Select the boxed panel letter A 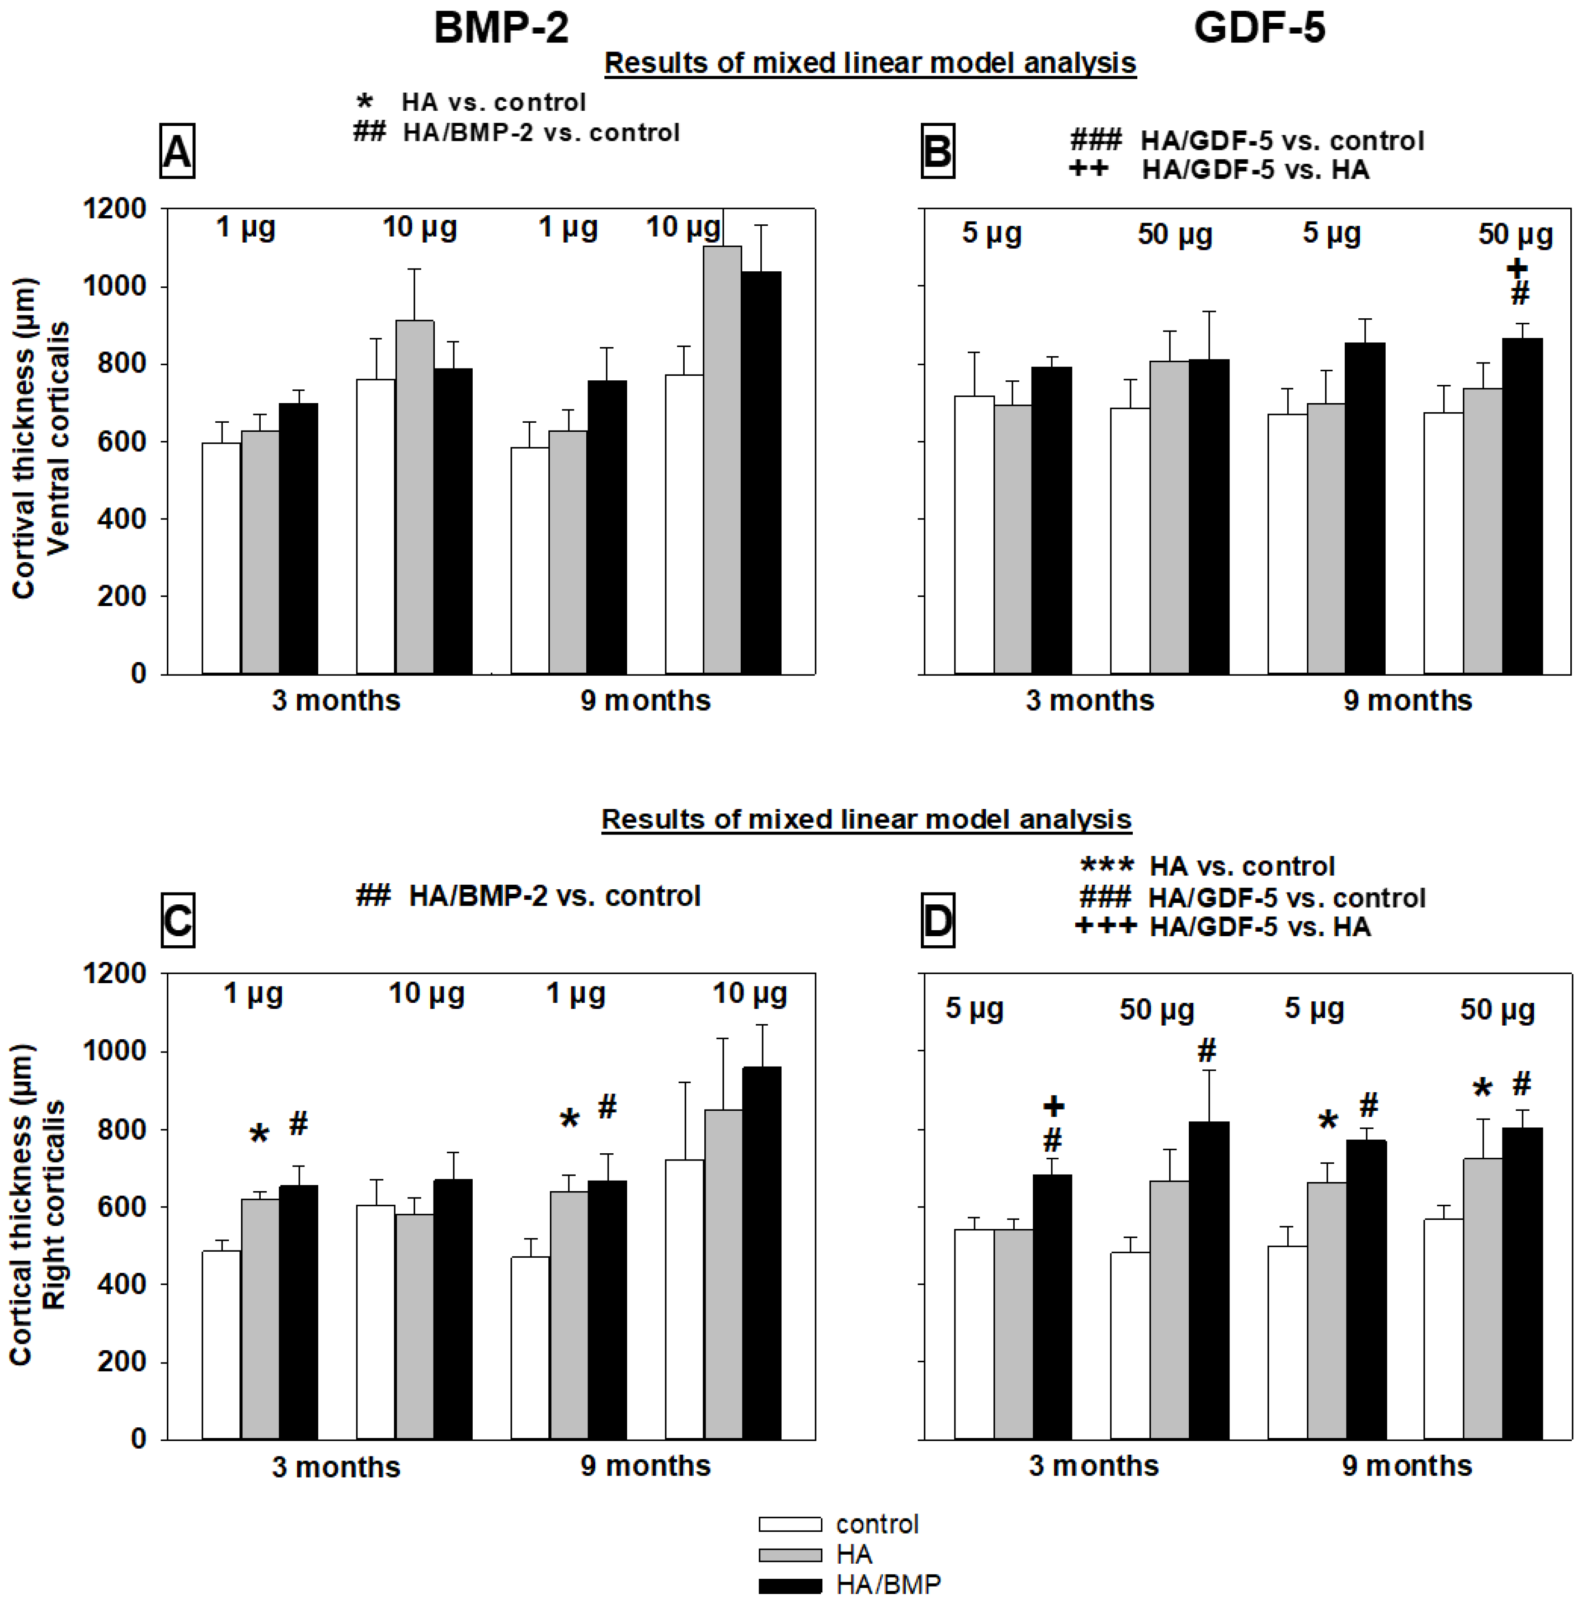pyautogui.click(x=177, y=151)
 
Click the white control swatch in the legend pyautogui.click(x=790, y=1524)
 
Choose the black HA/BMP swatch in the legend pyautogui.click(x=790, y=1586)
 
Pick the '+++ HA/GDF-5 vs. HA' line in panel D pyautogui.click(x=1222, y=927)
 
